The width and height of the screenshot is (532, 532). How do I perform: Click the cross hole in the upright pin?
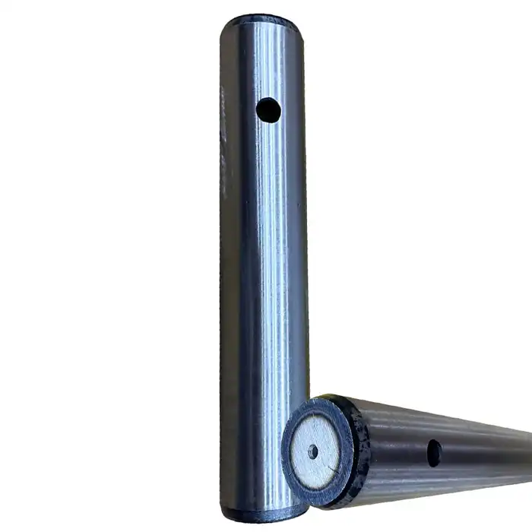coord(268,111)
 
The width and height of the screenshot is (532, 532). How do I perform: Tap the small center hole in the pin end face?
coord(313,451)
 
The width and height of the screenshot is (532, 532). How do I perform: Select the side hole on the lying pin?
coord(434,454)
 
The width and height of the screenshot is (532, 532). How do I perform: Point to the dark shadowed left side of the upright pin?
coord(230,266)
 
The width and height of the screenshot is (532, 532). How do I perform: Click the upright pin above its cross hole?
coord(266,61)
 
